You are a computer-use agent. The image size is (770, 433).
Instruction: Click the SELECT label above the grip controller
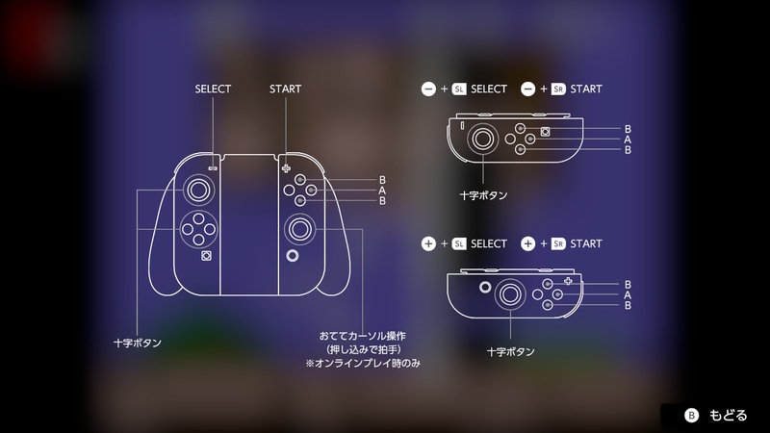[x=213, y=89]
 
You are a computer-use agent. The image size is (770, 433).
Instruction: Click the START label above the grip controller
[x=285, y=89]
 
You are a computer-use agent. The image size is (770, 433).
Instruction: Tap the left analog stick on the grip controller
[x=198, y=190]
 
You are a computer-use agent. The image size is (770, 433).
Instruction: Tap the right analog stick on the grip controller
[x=299, y=229]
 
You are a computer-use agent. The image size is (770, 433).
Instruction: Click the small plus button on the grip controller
[x=286, y=168]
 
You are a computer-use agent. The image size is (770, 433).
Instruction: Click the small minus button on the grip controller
[x=213, y=168]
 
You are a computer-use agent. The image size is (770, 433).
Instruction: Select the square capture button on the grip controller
[x=206, y=256]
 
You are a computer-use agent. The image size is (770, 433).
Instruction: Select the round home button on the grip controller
[x=293, y=256]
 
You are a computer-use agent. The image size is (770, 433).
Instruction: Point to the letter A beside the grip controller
[x=382, y=191]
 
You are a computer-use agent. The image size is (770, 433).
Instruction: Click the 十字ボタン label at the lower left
[x=138, y=344]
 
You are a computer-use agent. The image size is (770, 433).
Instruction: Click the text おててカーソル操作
[x=363, y=336]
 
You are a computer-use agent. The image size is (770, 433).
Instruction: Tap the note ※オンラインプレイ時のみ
[x=363, y=364]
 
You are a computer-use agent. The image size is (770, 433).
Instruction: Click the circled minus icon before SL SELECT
[x=428, y=89]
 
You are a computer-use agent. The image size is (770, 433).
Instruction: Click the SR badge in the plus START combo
[x=558, y=243]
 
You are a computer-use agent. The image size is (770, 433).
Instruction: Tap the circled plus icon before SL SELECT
[x=428, y=243]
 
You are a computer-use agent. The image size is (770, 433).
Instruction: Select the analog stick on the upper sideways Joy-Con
[x=482, y=139]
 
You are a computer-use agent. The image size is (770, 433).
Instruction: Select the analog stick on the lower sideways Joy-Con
[x=510, y=294]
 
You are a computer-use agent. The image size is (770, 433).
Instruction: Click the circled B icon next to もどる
[x=691, y=416]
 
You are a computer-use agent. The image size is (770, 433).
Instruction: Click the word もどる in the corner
[x=729, y=416]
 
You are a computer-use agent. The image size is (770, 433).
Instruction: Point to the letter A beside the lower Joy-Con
[x=628, y=295]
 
